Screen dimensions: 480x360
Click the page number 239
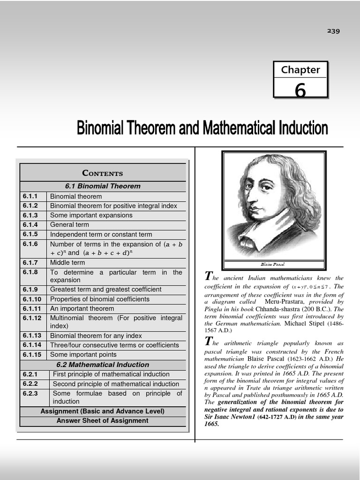[x=333, y=31]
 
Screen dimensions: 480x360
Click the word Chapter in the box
[x=300, y=70]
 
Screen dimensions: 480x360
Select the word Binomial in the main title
[x=101, y=127]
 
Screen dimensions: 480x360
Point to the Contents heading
[x=103, y=173]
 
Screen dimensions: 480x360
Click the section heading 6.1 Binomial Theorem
[x=103, y=186]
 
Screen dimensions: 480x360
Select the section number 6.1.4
[x=30, y=225]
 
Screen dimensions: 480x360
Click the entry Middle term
[x=67, y=262]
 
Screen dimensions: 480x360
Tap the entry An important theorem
[x=82, y=308]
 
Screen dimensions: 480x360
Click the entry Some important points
[x=83, y=354]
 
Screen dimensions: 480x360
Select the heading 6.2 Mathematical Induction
[x=103, y=365]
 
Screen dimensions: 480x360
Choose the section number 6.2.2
[x=30, y=384]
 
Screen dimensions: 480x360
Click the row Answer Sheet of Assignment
[x=103, y=420]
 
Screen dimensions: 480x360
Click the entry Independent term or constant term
[x=101, y=234]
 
